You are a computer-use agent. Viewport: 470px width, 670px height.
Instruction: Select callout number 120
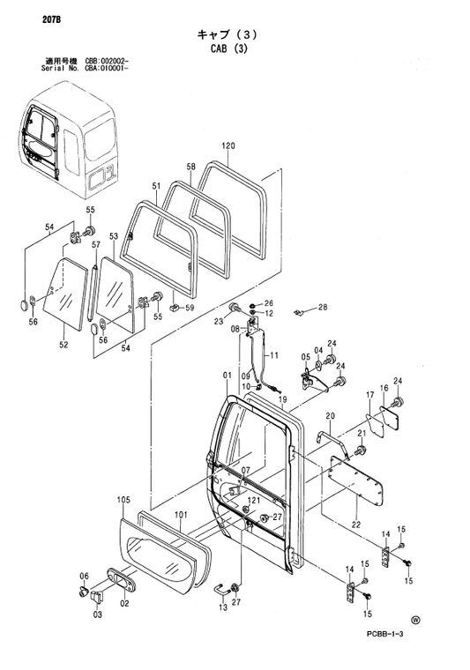coord(228,146)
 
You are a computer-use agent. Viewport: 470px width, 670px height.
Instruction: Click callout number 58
coord(190,167)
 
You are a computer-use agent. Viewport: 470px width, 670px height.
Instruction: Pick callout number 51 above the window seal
coord(156,186)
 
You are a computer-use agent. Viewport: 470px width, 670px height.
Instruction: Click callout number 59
coord(189,308)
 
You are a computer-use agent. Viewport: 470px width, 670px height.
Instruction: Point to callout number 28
coord(323,307)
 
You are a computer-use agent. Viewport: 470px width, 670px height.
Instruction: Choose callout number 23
coord(218,322)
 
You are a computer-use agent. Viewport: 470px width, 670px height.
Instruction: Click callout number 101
coord(179,515)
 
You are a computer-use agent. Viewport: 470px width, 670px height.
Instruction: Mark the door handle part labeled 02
coord(121,583)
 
